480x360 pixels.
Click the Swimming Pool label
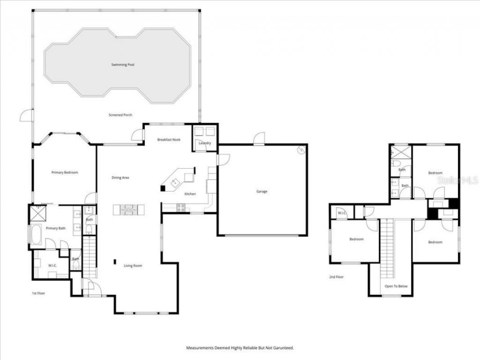[123, 65]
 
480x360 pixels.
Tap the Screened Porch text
[120, 115]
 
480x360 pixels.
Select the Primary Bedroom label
[65, 172]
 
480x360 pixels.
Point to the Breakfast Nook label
[169, 140]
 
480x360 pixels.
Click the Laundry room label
[205, 143]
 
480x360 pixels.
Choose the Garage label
[262, 191]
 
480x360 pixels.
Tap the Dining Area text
[120, 178]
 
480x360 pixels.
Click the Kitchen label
[190, 194]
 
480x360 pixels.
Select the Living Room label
[133, 266]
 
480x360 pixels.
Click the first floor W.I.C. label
[52, 266]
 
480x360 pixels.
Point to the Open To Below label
[396, 286]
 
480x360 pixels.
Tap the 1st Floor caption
[38, 293]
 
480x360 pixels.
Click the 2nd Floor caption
[336, 277]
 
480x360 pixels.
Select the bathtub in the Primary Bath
[36, 234]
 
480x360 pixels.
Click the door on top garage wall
[259, 139]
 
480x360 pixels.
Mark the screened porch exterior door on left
[27, 115]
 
